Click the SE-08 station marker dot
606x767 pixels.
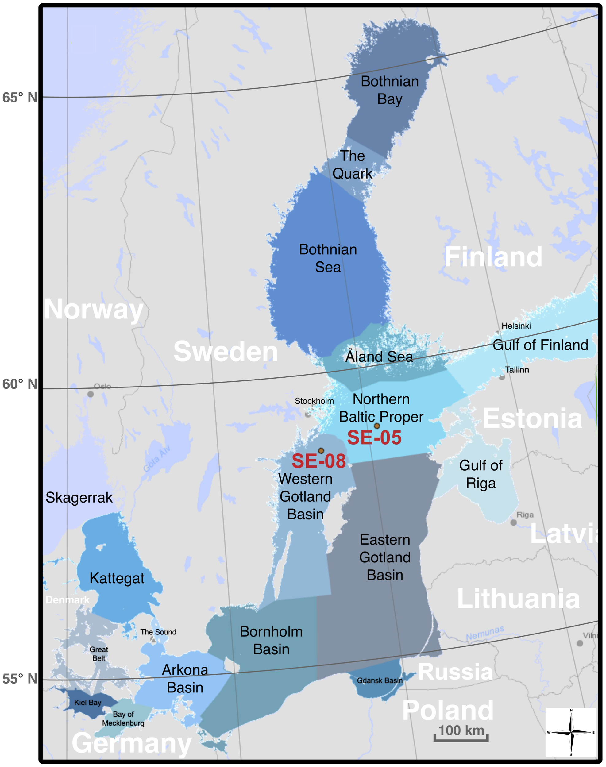(321, 451)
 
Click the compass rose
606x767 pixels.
(571, 732)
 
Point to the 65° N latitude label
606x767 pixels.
(20, 98)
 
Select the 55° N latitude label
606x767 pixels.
(20, 679)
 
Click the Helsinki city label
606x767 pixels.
(516, 326)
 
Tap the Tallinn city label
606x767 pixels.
(517, 370)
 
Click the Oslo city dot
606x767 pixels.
(91, 394)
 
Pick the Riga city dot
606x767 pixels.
(513, 522)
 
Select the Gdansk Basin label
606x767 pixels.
(380, 680)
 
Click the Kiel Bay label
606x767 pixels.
(88, 703)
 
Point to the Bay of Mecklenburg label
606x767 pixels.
(123, 719)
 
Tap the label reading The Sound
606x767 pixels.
(158, 632)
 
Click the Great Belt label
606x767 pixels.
(98, 654)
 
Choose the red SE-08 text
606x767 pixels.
(318, 461)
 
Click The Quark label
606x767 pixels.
(352, 165)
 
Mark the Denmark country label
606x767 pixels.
(68, 600)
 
